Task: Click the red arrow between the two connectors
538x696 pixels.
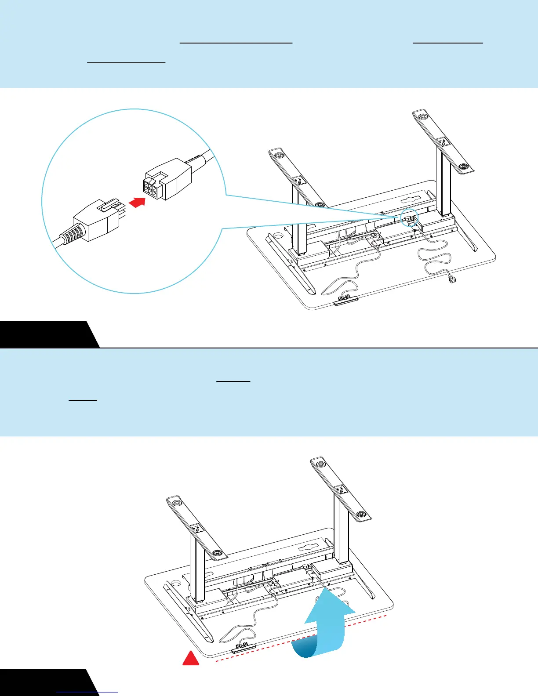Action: [138, 203]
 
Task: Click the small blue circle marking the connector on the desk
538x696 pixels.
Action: [410, 217]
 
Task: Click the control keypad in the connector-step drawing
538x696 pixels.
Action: [346, 301]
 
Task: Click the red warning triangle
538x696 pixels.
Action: [191, 659]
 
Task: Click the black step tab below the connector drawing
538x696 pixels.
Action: [46, 334]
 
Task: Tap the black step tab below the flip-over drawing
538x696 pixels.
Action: [46, 682]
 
